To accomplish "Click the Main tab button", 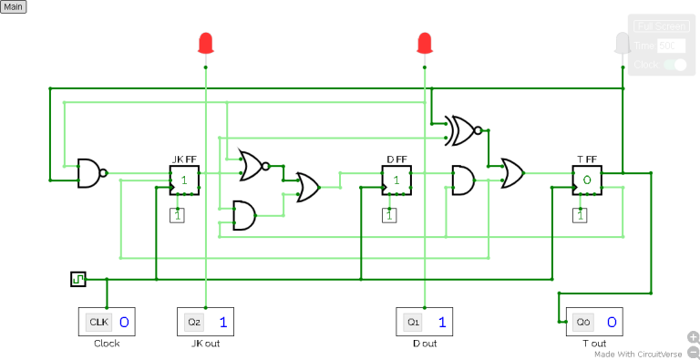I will tap(14, 6).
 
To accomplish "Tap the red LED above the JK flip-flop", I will tap(206, 43).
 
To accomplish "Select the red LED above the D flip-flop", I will tap(424, 43).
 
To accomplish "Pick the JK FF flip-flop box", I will tap(183, 180).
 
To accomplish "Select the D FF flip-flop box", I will tap(396, 180).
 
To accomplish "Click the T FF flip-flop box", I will tap(587, 180).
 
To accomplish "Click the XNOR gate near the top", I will tap(463, 131).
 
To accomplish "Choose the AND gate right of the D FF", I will tap(463, 180).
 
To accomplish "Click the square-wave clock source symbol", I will tap(77, 279).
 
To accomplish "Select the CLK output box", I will tap(108, 322).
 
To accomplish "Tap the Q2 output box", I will tap(206, 322).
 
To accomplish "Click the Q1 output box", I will tap(425, 322).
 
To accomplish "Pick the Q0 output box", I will tap(595, 322).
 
